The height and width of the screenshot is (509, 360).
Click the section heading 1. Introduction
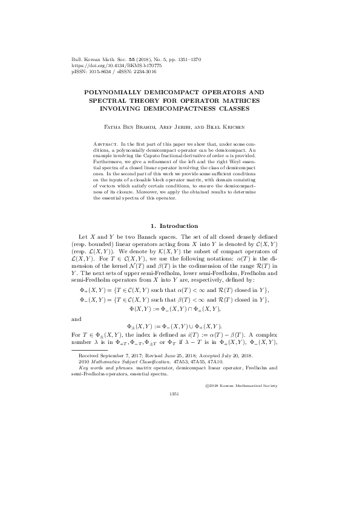180,225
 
